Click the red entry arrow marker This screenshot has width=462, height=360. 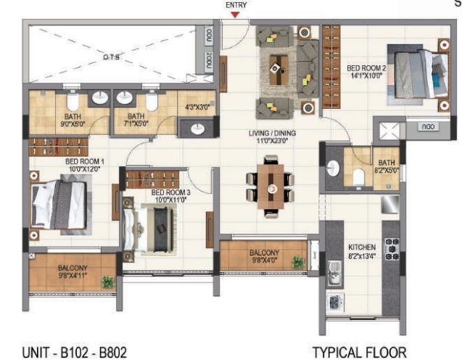click(234, 14)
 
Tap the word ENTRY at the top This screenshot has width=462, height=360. click(236, 4)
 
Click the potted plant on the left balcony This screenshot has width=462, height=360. click(108, 281)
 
